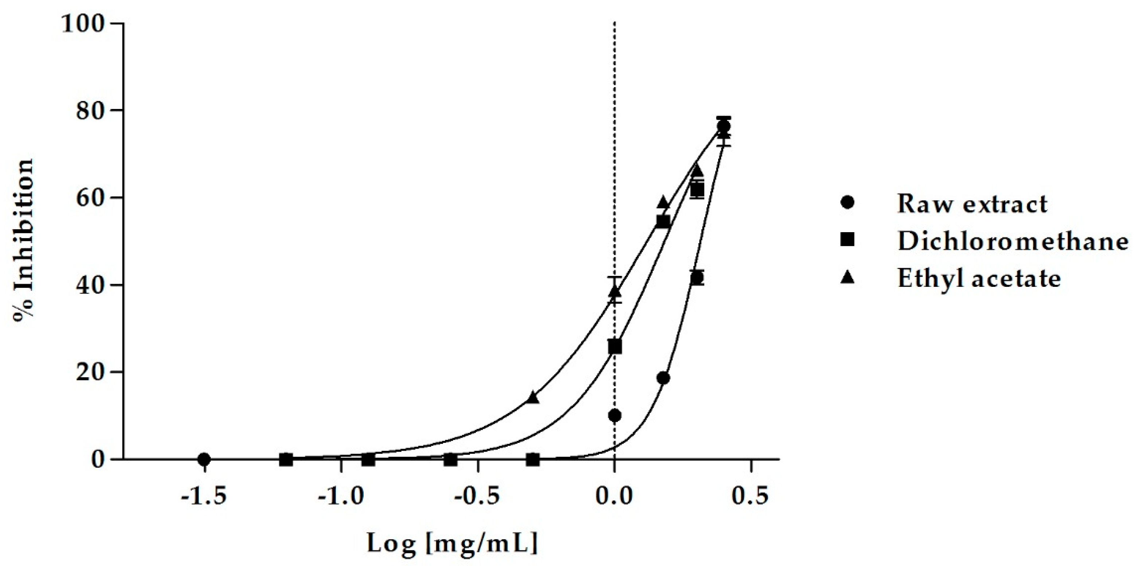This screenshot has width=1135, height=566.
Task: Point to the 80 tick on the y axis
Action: pos(92,111)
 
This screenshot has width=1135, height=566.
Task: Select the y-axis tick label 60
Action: pos(92,198)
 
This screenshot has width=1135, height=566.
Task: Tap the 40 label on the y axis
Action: pos(92,285)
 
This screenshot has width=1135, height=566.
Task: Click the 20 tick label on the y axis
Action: pos(92,372)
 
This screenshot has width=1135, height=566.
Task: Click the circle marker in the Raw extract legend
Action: pos(847,203)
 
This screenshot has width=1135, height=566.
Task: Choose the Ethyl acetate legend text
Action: pos(979,278)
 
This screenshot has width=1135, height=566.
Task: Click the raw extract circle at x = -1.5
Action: pos(204,459)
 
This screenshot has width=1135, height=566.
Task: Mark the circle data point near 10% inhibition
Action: pos(615,415)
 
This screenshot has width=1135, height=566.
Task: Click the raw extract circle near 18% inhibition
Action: pos(664,378)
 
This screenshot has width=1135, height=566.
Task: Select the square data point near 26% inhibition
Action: pos(615,347)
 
